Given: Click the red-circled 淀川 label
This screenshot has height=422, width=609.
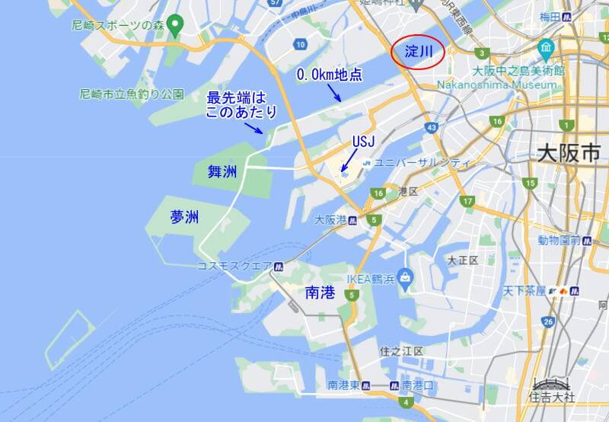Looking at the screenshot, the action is point(418,51).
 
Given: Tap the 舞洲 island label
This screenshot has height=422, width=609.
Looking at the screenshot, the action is point(222,171).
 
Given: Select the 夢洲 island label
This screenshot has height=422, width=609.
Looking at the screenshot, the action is point(184,217).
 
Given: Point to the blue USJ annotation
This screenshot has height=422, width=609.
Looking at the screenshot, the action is point(362,142).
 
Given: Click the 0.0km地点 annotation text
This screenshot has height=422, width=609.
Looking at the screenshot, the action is point(328,76).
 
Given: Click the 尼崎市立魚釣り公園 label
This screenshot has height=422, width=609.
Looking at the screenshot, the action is point(132,94).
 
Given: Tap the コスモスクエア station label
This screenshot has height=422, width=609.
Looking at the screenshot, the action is point(234,266).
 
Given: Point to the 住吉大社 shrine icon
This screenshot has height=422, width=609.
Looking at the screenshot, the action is point(550,383).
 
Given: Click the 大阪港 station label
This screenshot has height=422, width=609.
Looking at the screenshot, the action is point(331,219).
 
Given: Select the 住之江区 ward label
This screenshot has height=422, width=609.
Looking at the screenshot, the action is point(400,350).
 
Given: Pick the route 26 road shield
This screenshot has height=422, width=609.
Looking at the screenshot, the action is point(549,322).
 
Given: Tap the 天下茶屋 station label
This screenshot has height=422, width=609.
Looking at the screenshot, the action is point(529,291).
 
